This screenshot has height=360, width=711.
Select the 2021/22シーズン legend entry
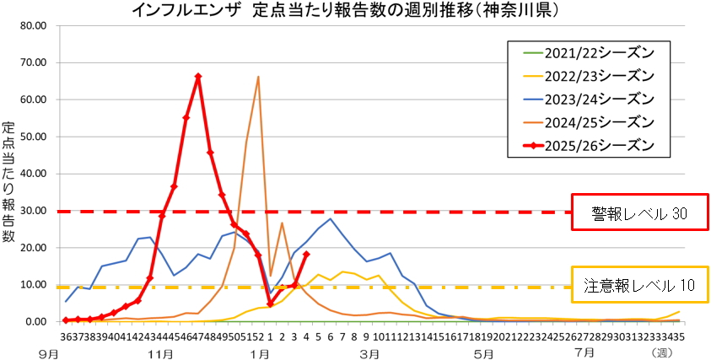click(x=590, y=53)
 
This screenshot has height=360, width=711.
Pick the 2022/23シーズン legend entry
click(x=590, y=76)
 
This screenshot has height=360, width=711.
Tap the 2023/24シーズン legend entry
click(x=590, y=99)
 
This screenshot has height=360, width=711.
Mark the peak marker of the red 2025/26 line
click(x=198, y=77)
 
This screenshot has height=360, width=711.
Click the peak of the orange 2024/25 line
click(x=258, y=77)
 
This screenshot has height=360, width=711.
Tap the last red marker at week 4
click(x=306, y=254)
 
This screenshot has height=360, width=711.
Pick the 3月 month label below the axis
click(x=367, y=352)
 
